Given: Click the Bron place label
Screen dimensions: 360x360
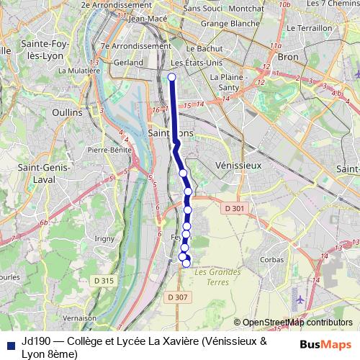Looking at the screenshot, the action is point(287,55).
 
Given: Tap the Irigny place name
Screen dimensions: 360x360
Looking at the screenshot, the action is point(104,238).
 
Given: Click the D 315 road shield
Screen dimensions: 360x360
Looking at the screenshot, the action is point(104,280).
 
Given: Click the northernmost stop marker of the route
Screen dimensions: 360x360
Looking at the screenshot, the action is point(171,78).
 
